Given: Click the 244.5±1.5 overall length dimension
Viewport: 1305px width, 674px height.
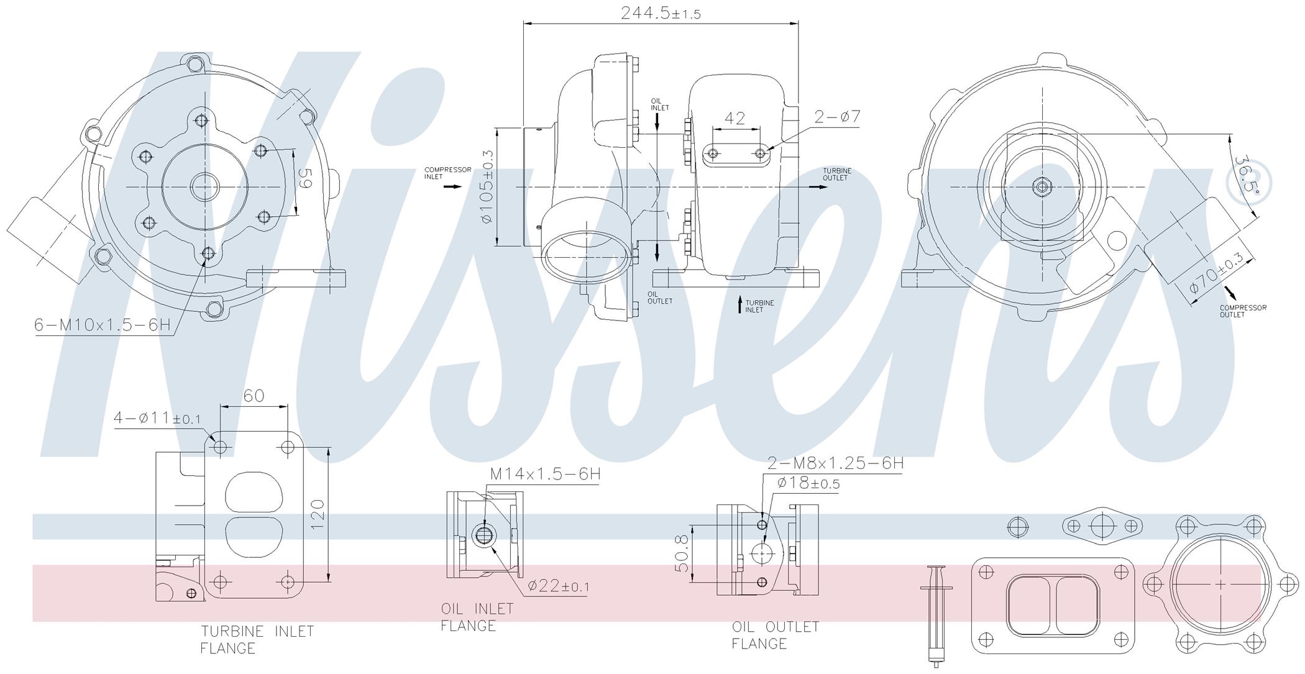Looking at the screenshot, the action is coord(661,13).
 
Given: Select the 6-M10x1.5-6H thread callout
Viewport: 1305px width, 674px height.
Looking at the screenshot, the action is coord(103,325).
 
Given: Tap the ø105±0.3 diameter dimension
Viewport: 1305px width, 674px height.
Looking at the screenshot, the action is coord(487,187).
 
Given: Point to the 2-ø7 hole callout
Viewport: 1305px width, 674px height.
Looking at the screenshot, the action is coord(837,116).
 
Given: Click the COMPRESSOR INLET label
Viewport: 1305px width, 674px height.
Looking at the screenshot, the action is coord(447,173).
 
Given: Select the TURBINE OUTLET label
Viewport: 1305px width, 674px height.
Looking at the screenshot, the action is coord(837,174).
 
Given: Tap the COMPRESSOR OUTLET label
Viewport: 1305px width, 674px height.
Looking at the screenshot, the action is coord(1243,311).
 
